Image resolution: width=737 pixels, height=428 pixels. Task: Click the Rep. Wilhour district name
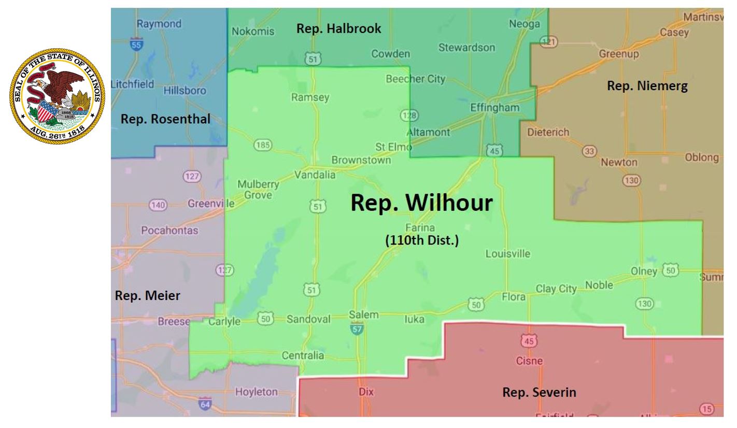421,204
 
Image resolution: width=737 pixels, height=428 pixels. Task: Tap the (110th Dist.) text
421,241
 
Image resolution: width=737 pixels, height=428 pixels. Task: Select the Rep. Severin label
539,392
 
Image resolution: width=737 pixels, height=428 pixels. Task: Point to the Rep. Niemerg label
647,87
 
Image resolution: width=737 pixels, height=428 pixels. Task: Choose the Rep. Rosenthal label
165,120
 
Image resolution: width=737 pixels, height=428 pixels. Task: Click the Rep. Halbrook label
338,29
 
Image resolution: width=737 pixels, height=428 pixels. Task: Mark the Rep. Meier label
147,296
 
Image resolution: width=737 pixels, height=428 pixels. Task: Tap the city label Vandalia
315,175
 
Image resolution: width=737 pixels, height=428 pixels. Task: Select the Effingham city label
494,107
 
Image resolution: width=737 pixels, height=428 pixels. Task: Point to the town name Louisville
508,254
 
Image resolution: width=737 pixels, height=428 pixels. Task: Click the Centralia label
303,355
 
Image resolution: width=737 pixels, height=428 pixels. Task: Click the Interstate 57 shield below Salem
357,327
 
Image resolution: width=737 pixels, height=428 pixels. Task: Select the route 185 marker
263,146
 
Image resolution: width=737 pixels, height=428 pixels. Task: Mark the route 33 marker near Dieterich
589,151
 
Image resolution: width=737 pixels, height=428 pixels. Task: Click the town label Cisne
529,361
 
